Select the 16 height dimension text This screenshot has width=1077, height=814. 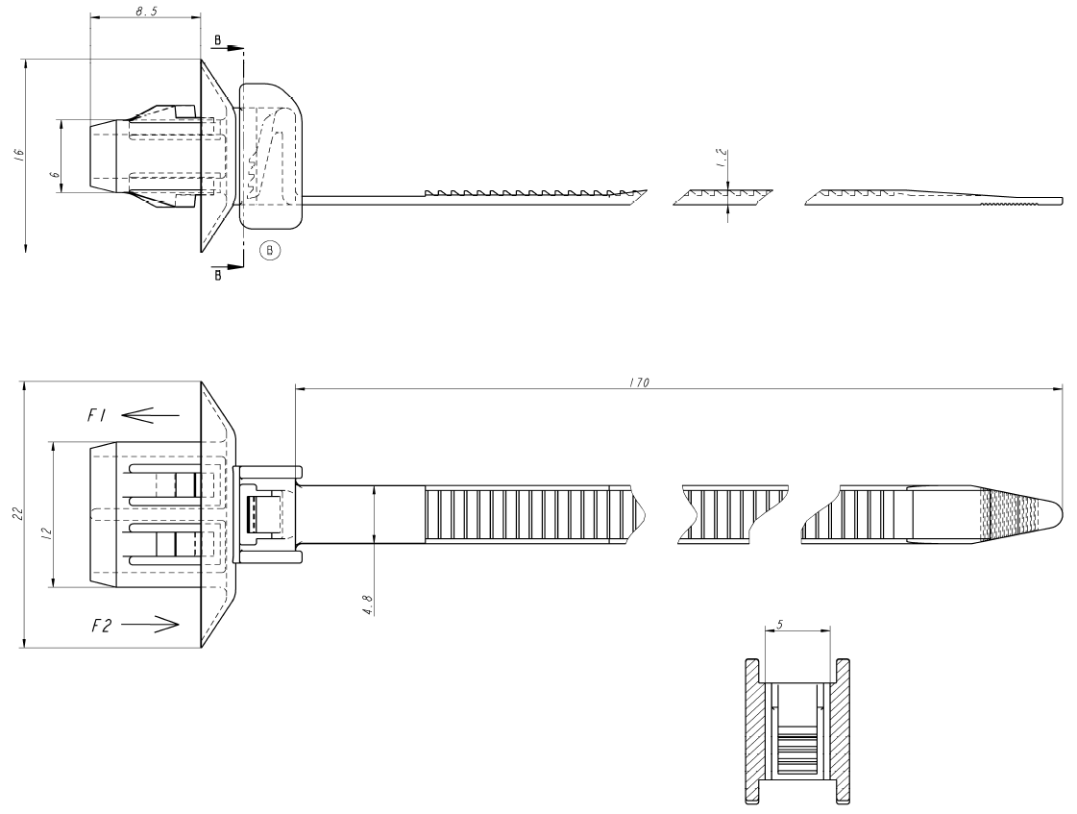coord(19,155)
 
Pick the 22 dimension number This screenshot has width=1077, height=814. coord(17,515)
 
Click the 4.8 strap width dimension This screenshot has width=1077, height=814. coord(368,604)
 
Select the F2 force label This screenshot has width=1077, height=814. coord(102,625)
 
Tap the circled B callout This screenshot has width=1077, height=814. coord(271,251)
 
